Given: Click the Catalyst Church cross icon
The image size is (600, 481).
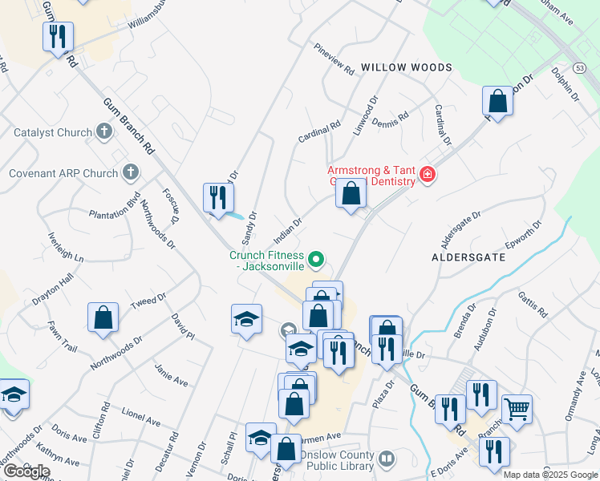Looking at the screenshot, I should (103, 131).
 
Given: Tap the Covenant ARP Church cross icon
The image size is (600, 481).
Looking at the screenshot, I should (130, 172).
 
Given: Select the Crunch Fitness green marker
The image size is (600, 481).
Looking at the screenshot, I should (316, 258).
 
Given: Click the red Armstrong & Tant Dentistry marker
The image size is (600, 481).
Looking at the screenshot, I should (427, 174).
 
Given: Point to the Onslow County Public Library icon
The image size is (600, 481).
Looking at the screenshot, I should (387, 459).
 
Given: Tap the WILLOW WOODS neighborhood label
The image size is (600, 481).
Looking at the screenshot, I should (406, 67).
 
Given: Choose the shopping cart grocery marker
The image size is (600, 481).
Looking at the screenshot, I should (517, 410).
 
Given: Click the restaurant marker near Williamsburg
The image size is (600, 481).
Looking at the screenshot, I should (58, 37).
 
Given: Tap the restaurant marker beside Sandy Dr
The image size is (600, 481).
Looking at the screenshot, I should (217, 197).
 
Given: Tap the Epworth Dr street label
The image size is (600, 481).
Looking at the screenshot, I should (525, 235).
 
